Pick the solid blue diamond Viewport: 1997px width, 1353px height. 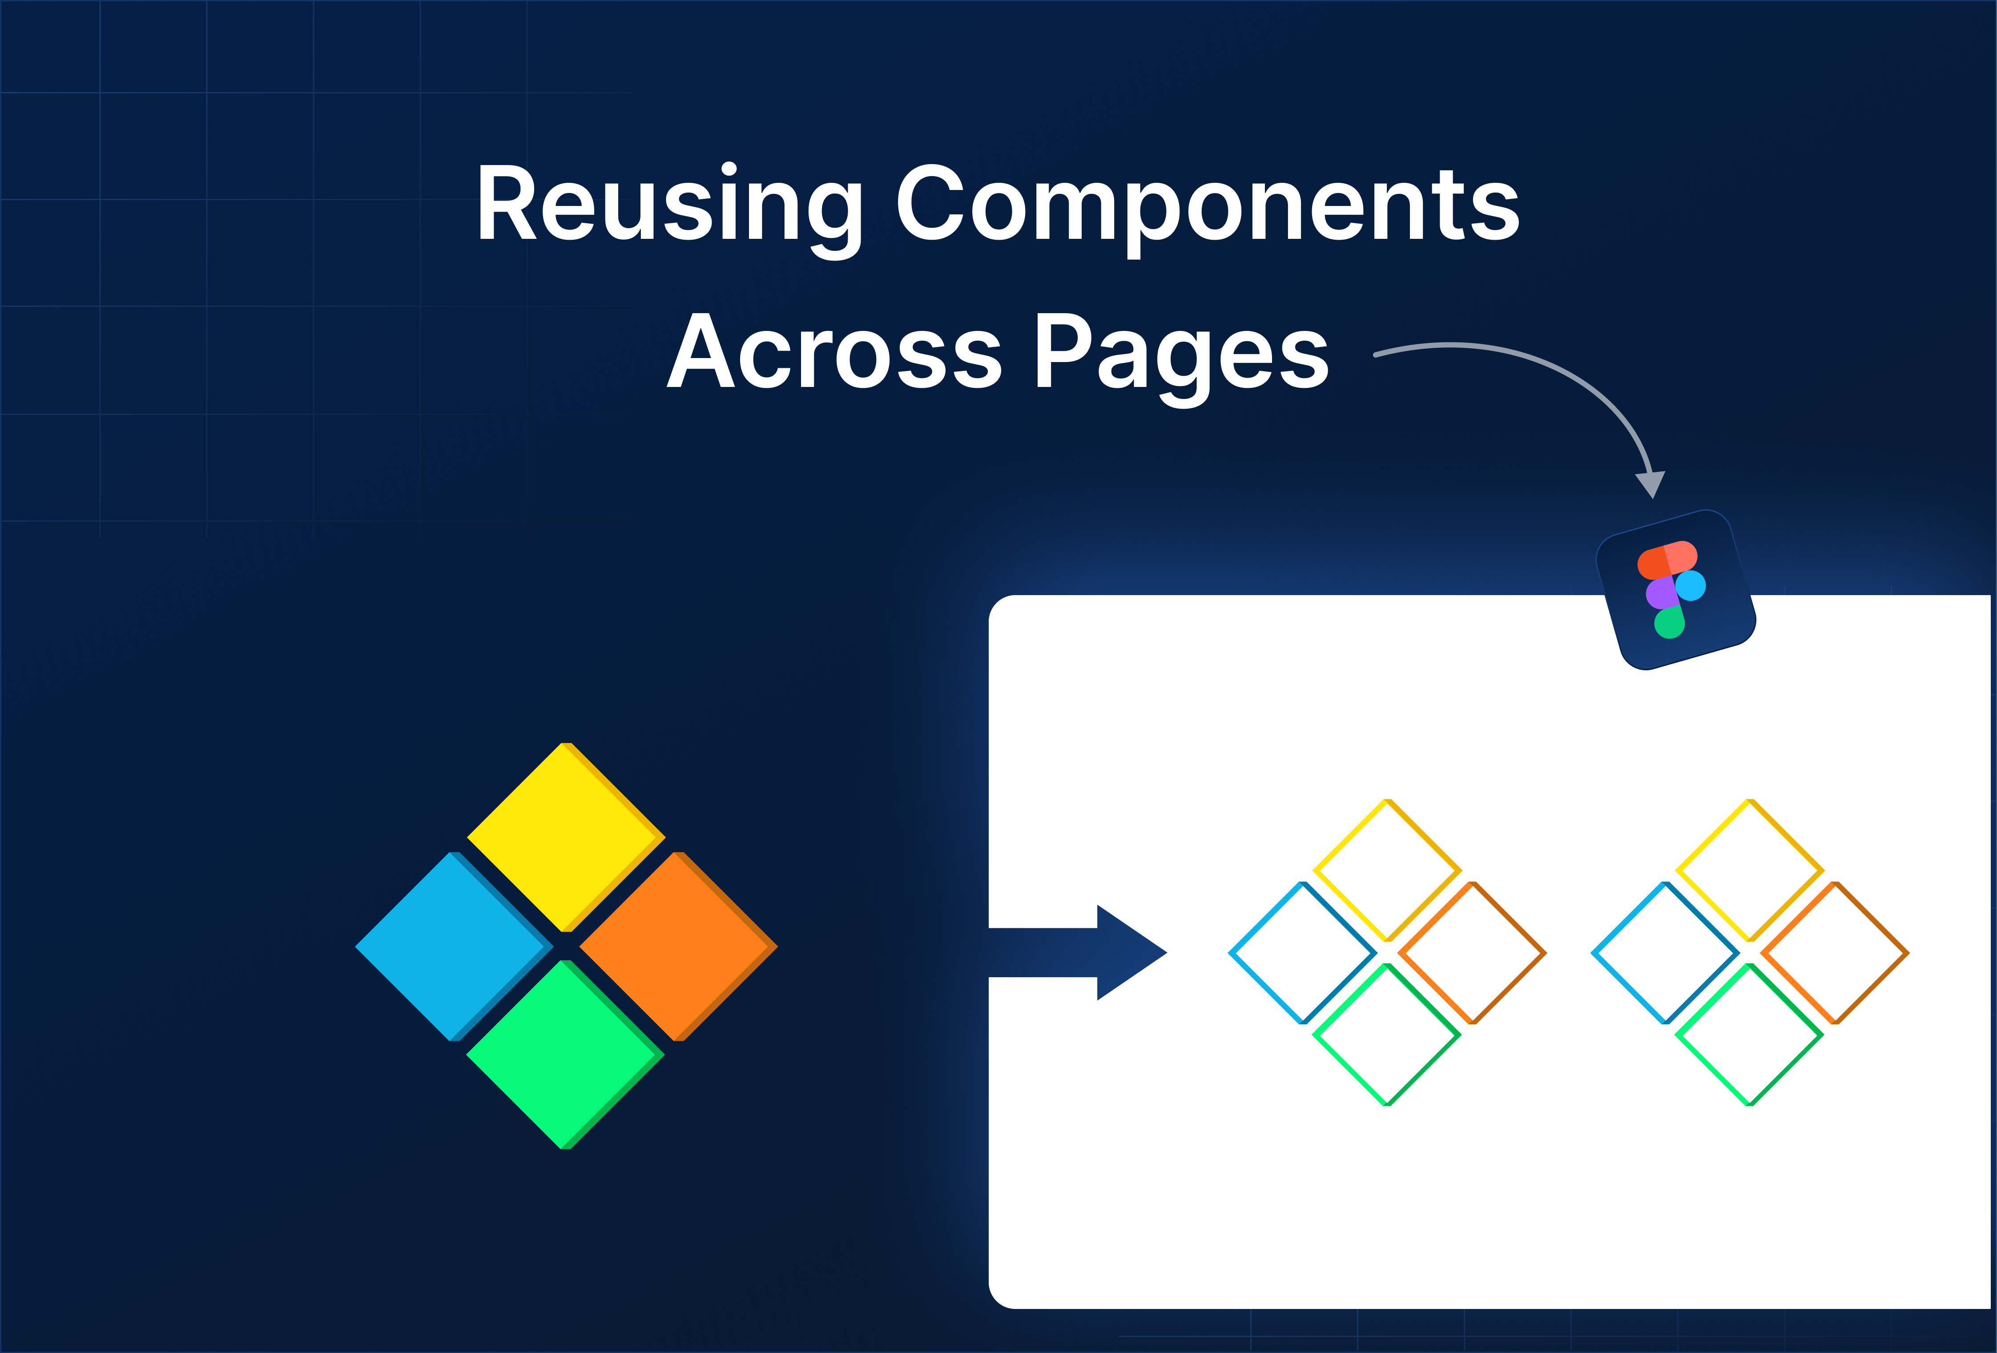click(x=453, y=946)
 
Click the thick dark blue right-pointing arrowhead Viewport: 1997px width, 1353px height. click(x=1130, y=952)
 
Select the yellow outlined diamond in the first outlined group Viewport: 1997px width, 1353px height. click(x=1387, y=870)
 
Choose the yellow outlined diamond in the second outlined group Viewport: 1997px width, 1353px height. click(x=1750, y=870)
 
